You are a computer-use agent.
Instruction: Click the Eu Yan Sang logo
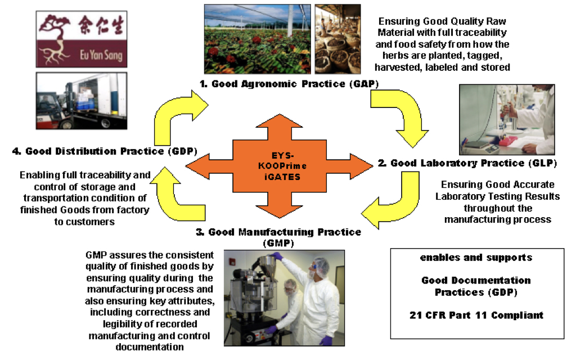click(x=79, y=36)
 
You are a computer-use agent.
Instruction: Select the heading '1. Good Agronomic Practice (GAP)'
click(x=289, y=84)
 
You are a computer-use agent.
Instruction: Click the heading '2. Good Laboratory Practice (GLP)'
click(x=467, y=163)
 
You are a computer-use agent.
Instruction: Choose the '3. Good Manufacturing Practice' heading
click(x=285, y=232)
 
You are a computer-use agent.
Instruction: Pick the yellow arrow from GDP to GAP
click(x=175, y=115)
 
